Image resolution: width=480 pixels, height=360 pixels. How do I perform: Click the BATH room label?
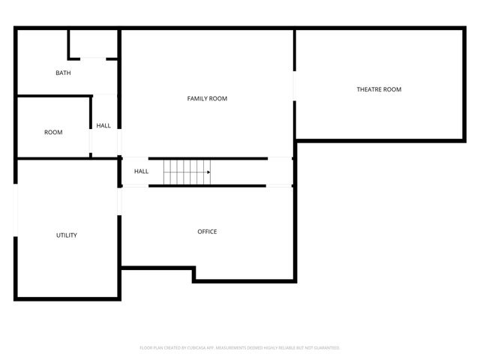tap(63, 73)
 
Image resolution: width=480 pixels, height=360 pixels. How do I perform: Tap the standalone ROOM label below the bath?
tap(53, 132)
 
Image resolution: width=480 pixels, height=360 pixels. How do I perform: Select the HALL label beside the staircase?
tap(141, 171)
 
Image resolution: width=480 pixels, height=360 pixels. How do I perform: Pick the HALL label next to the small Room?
tap(103, 125)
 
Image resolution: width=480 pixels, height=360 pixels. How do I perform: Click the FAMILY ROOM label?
tap(207, 98)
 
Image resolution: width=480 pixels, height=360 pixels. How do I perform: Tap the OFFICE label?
tap(207, 231)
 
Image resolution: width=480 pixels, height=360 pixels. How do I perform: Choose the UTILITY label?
tap(67, 235)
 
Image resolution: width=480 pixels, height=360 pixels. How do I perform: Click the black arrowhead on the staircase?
tap(208, 172)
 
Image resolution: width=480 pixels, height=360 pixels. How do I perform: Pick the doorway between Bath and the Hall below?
tap(105, 94)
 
